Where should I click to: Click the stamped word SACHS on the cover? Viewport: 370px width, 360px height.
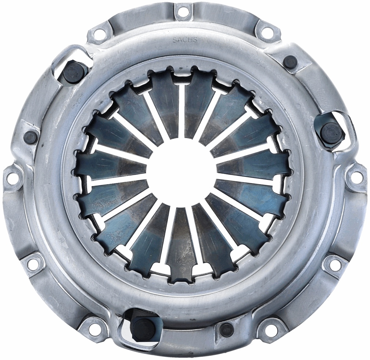tap(185, 40)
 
